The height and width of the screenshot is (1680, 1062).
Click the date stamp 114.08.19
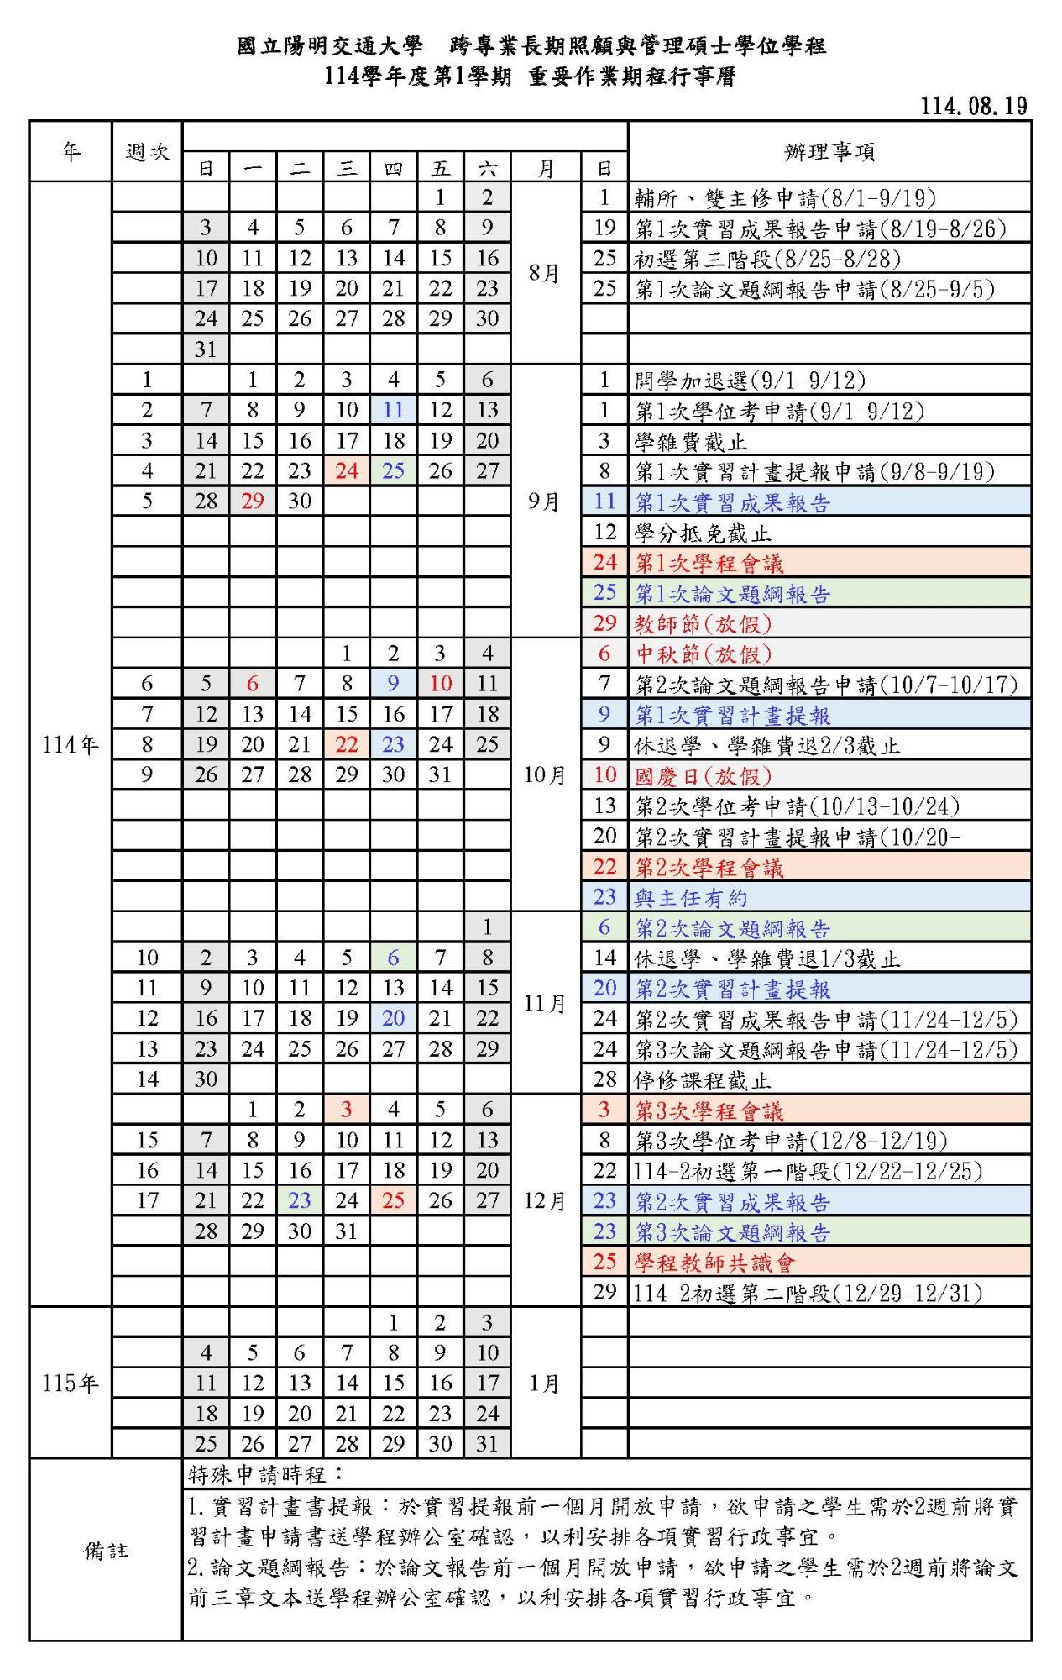click(x=974, y=106)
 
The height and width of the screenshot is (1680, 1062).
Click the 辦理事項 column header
click(x=829, y=152)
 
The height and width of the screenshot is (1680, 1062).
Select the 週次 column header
click(x=147, y=152)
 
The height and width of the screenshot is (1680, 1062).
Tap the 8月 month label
click(x=544, y=273)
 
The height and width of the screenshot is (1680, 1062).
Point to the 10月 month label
click(x=544, y=774)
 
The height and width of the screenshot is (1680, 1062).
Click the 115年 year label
click(x=71, y=1383)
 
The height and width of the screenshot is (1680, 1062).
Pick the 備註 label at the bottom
click(x=106, y=1551)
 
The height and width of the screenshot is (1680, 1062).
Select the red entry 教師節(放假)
click(x=703, y=623)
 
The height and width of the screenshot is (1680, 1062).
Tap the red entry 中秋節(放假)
click(x=703, y=654)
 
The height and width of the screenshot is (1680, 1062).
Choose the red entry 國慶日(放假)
click(x=703, y=775)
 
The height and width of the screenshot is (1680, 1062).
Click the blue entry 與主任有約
click(x=690, y=898)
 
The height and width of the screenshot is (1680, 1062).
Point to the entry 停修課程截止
click(x=702, y=1080)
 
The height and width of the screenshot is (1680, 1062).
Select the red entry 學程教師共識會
click(x=714, y=1263)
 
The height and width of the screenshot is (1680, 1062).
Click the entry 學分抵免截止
click(x=702, y=533)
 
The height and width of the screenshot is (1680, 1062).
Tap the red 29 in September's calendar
click(x=253, y=501)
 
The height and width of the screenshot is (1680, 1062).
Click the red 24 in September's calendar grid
click(x=347, y=471)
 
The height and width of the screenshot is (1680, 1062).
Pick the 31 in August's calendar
click(x=206, y=349)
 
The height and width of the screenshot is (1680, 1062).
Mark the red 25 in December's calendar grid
click(x=393, y=1201)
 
